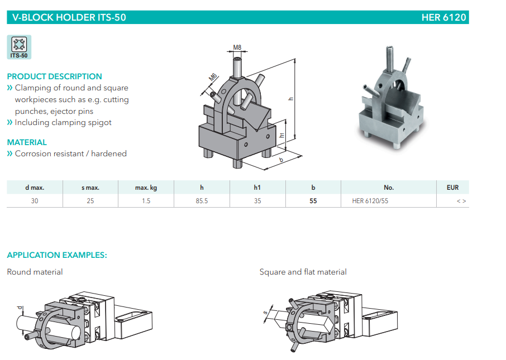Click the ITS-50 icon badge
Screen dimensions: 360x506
pos(19,47)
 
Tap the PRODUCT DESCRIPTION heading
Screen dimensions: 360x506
pos(54,76)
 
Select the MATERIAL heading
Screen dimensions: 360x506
pos(27,142)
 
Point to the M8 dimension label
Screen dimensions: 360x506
pos(237,48)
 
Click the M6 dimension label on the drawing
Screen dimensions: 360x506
pos(213,78)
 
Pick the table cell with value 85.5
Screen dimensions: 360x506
pos(202,201)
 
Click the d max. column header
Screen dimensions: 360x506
pos(35,188)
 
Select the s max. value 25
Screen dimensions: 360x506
pos(90,201)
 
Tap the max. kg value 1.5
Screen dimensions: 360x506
pos(146,201)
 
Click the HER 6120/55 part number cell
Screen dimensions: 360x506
pos(370,201)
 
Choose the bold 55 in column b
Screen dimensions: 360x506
pos(313,201)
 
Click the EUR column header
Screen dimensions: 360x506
pos(452,188)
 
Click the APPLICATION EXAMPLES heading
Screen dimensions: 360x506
pos(57,255)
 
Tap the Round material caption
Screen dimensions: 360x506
pos(35,272)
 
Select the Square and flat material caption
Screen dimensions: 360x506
pos(303,272)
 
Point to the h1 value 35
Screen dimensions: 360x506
pos(257,201)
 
